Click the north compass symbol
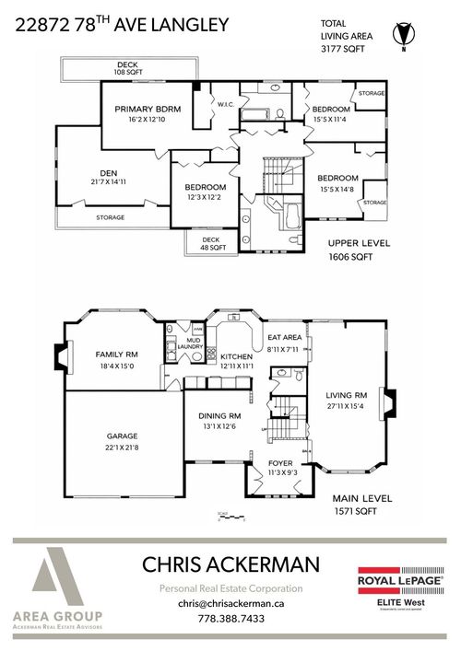pyautogui.click(x=400, y=33)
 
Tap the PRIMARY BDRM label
pyautogui.click(x=148, y=109)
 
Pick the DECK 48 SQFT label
pyautogui.click(x=213, y=243)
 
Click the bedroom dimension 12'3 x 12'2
pyautogui.click(x=206, y=195)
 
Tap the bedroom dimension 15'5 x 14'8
pyautogui.click(x=337, y=190)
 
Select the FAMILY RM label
pyautogui.click(x=116, y=354)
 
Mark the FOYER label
pyautogui.click(x=280, y=465)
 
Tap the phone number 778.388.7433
pyautogui.click(x=230, y=619)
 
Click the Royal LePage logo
pyautogui.click(x=400, y=583)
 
